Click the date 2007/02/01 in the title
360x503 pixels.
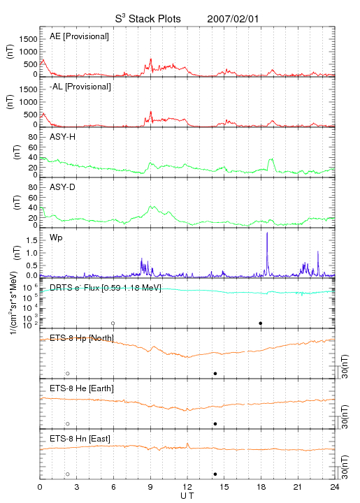[233, 19]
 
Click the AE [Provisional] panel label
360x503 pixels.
[79, 36]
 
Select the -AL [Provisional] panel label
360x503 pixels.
[80, 87]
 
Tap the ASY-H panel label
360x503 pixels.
[63, 137]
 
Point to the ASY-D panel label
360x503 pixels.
[63, 187]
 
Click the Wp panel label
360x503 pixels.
[56, 238]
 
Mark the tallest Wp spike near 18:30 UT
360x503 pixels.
[267, 233]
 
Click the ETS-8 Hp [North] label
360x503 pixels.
[82, 338]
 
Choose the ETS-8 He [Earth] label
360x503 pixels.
[82, 388]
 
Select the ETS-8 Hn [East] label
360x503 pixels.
[80, 439]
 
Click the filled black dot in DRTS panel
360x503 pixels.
[261, 323]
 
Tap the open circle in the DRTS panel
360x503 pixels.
[113, 323]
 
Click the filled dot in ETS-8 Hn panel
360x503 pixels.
[215, 474]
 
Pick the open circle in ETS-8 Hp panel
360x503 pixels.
[68, 373]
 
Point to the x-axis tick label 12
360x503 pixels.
[187, 487]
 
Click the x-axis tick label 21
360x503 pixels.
[298, 487]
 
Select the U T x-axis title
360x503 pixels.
[187, 496]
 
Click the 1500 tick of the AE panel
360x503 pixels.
[28, 39]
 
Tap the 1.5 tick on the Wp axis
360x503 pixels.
[31, 240]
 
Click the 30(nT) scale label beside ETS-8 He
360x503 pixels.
[345, 416]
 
